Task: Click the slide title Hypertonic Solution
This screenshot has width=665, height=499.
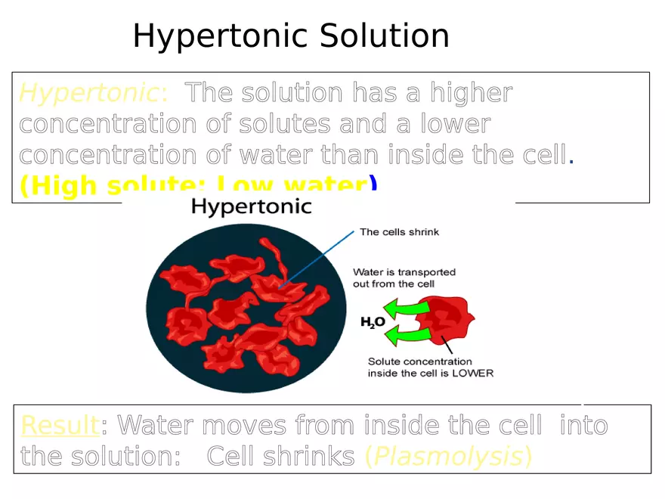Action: (291, 36)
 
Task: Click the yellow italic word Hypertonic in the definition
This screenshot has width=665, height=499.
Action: (90, 94)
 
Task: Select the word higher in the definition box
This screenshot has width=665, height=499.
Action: (472, 94)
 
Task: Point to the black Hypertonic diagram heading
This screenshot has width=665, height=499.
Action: (251, 206)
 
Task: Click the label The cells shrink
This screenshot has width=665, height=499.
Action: (399, 232)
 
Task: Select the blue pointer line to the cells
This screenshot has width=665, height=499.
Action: (317, 258)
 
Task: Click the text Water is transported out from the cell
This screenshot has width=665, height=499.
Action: (404, 277)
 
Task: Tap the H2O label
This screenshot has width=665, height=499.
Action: (373, 322)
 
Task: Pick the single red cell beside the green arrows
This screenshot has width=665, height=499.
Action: (447, 321)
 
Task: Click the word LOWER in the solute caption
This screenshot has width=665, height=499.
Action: (472, 373)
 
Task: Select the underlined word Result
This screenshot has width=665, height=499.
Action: (60, 426)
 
